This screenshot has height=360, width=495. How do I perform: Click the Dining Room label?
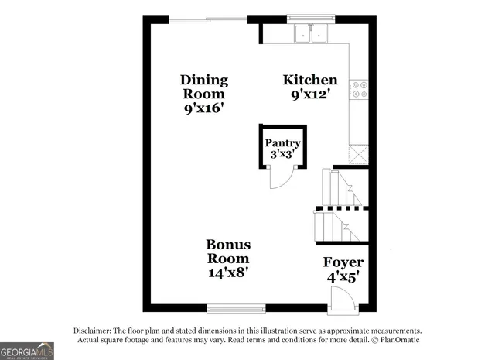(204, 86)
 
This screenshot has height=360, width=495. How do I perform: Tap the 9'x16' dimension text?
(204, 108)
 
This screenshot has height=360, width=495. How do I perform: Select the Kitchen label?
(310, 80)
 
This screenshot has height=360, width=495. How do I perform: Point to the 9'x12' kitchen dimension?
(310, 94)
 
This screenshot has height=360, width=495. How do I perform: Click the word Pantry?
(283, 143)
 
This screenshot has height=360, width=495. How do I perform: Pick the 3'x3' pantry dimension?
(283, 155)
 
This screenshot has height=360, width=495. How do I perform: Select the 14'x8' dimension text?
(228, 273)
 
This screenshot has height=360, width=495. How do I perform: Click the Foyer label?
(343, 262)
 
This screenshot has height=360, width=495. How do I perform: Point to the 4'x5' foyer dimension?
(343, 277)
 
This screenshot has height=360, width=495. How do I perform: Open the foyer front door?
(339, 297)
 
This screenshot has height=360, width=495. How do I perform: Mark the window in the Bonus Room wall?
(236, 307)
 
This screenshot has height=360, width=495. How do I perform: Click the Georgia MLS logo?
(27, 351)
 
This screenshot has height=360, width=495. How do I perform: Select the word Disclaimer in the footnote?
(94, 329)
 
